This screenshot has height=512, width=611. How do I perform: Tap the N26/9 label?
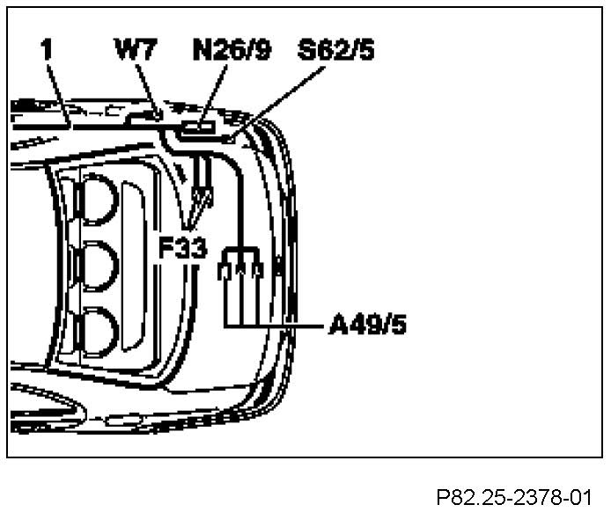click(x=232, y=51)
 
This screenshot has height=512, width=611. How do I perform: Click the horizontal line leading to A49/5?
click(x=282, y=326)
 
